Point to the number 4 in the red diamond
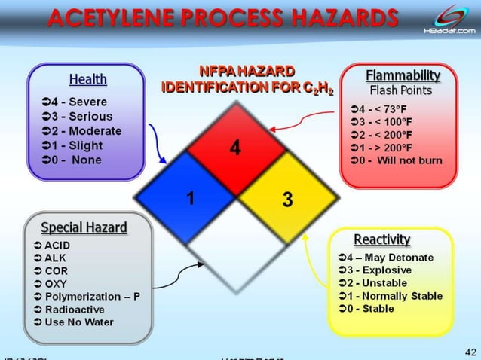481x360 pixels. [235, 148]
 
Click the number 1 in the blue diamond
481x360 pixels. [191, 200]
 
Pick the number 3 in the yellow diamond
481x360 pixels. [287, 200]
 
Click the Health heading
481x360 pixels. [87, 79]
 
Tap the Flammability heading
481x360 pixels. [403, 76]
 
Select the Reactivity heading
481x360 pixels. [381, 239]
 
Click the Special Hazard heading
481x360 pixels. [84, 227]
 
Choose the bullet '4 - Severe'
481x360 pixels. [75, 102]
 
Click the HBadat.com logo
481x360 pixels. [449, 19]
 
